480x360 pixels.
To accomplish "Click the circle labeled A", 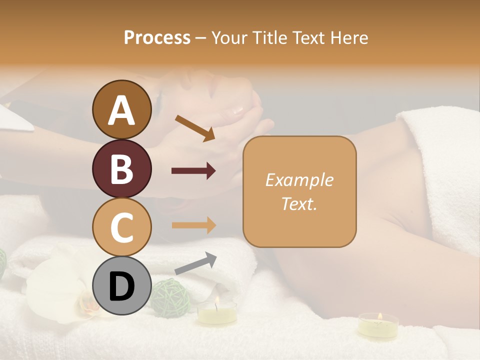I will pyautogui.click(x=121, y=109).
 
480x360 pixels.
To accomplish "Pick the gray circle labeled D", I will pyautogui.click(x=121, y=285).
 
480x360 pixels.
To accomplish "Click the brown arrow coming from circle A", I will pyautogui.click(x=194, y=127).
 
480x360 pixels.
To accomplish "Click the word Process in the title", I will pyautogui.click(x=157, y=37).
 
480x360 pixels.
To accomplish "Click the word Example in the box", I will pyautogui.click(x=299, y=180).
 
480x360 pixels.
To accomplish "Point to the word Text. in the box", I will pyautogui.click(x=299, y=203).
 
